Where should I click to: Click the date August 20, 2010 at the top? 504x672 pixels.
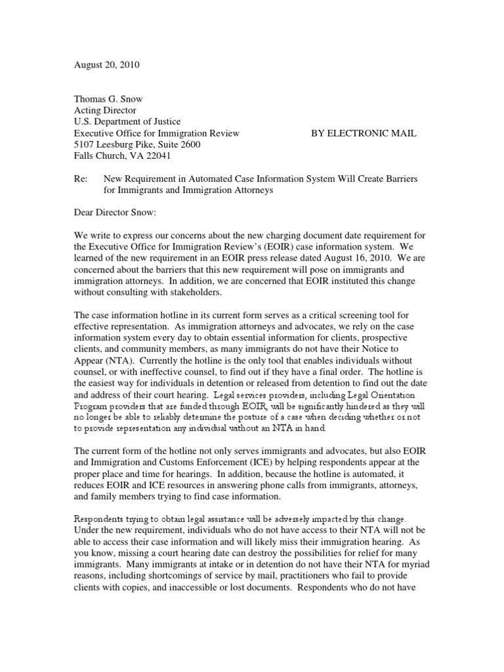click(106, 66)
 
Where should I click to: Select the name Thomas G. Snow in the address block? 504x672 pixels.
click(108, 99)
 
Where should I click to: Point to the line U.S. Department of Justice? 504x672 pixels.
click(126, 121)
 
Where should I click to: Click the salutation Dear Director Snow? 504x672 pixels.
click(115, 213)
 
